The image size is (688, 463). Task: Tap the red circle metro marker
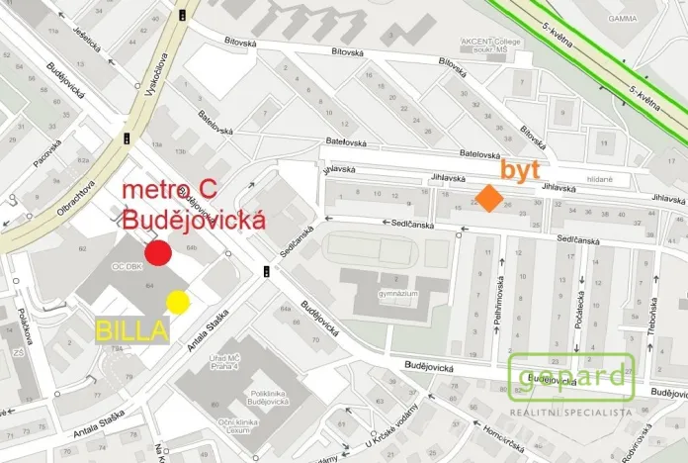[x=158, y=253]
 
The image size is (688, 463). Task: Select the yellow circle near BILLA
[x=178, y=301]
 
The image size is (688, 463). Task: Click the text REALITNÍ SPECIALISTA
[x=570, y=410]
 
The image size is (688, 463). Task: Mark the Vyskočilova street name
[x=153, y=74]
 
